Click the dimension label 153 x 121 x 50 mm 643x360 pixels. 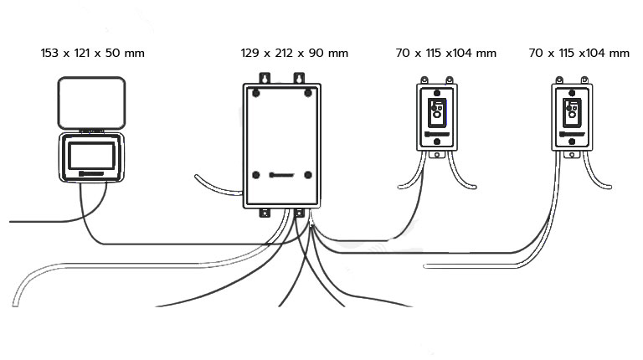tap(92, 53)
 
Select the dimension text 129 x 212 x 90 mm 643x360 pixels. tap(294, 53)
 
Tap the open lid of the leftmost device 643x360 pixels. tap(91, 103)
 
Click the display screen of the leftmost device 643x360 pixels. tap(92, 156)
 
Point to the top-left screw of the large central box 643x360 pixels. tap(253, 91)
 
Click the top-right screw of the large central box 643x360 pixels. tap(308, 91)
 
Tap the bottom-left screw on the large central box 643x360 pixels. tap(253, 175)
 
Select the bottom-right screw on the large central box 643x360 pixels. tap(308, 175)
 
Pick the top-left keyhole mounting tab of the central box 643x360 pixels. tap(265, 79)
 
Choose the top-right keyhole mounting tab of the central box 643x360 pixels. tap(297, 79)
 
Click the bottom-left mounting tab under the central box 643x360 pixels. tap(265, 213)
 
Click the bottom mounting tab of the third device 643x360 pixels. tap(437, 155)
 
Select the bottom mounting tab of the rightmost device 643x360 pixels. tap(571, 155)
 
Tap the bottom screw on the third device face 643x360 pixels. tap(437, 142)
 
